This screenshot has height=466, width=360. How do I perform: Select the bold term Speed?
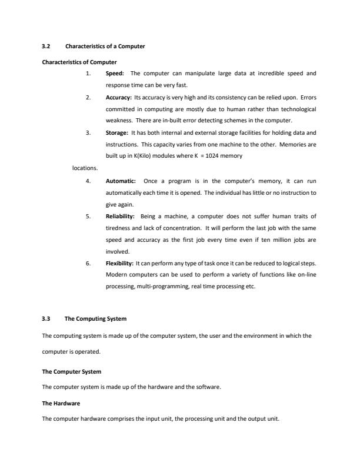point(115,74)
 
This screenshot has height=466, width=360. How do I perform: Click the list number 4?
point(88,181)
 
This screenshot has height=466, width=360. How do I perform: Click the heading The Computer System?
point(72,372)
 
